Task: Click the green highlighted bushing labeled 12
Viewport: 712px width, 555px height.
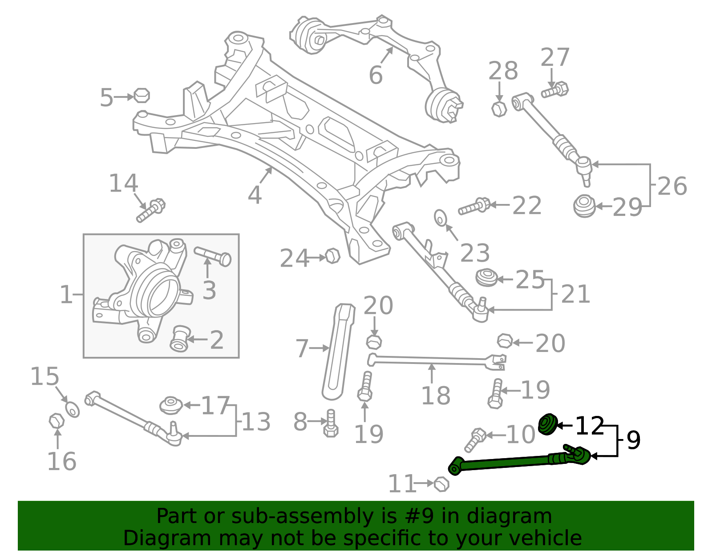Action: (548, 424)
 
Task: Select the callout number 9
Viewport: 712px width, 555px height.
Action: (633, 440)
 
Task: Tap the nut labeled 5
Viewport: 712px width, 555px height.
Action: (142, 96)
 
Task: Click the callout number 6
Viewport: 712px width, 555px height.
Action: (376, 75)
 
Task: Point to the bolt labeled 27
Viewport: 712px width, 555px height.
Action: (555, 90)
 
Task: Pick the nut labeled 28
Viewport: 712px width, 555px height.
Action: (499, 108)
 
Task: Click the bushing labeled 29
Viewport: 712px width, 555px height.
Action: (584, 206)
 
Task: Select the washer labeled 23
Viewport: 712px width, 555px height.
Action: (441, 217)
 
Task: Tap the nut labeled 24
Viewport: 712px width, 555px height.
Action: (332, 256)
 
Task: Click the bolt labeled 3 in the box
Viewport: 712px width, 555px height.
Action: (213, 256)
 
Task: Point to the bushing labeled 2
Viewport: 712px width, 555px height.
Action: (180, 339)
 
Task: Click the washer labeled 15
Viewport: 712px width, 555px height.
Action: (73, 409)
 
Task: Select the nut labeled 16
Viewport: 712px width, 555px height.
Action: (57, 421)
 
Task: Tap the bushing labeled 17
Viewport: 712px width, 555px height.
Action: (171, 405)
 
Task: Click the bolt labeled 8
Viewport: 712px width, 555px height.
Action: (331, 424)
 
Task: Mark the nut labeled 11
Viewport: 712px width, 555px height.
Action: (441, 483)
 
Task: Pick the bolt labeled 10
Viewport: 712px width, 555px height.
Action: (474, 439)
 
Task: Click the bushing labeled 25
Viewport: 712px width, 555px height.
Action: (486, 278)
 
